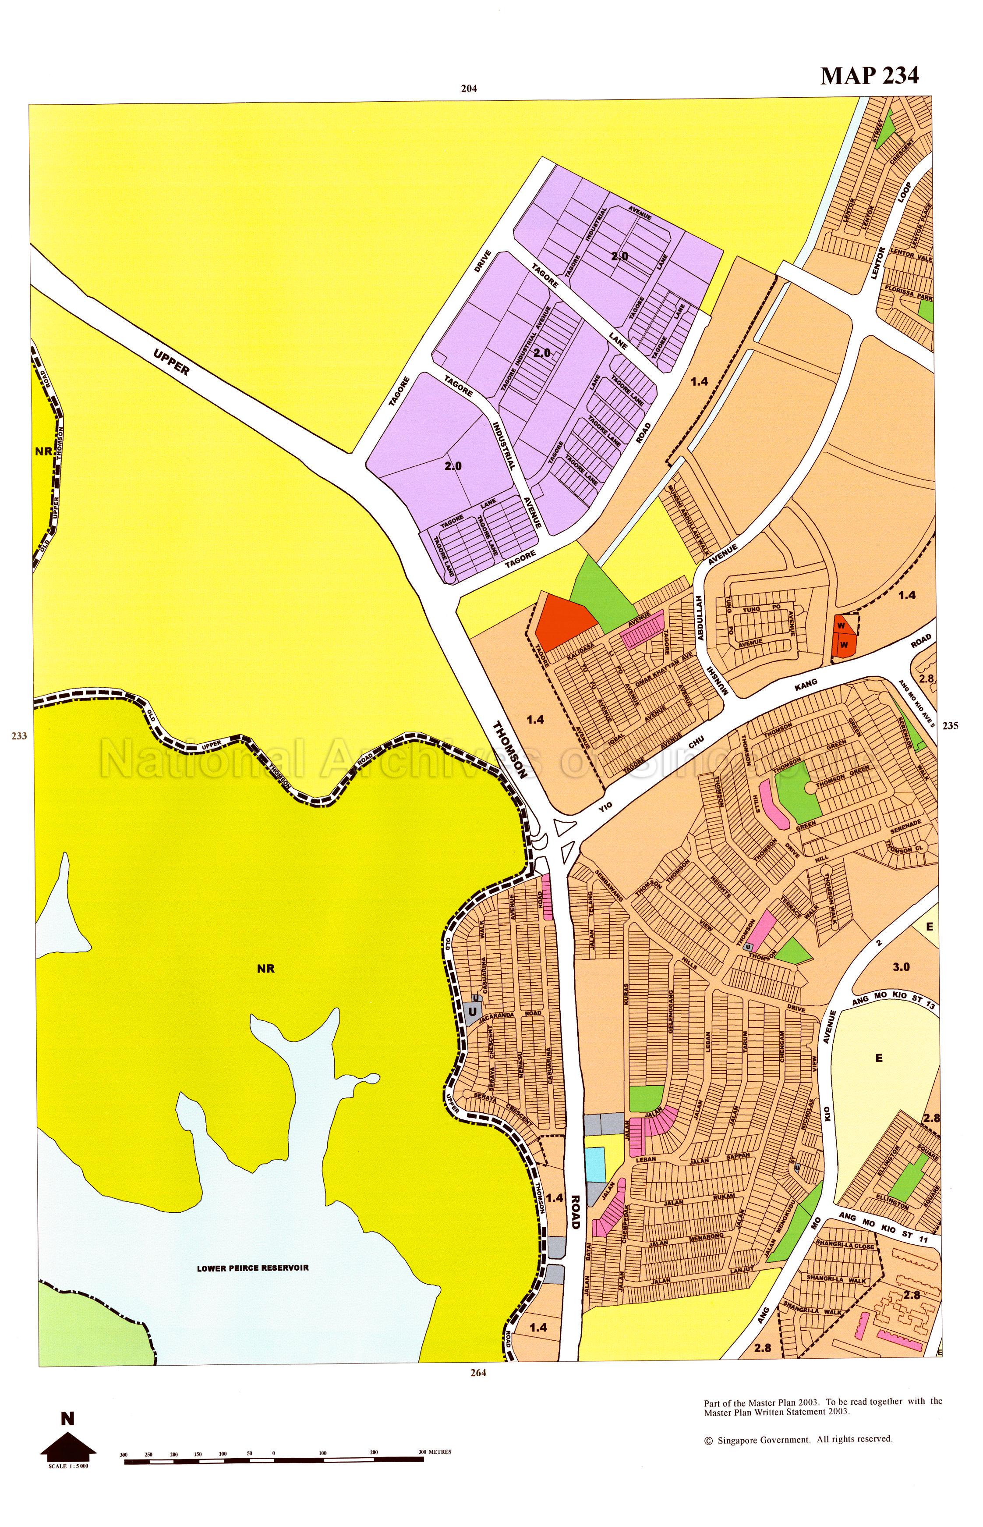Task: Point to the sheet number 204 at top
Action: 469,89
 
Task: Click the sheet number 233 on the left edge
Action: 19,736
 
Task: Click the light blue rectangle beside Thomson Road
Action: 594,1164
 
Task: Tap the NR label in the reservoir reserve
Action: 265,968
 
